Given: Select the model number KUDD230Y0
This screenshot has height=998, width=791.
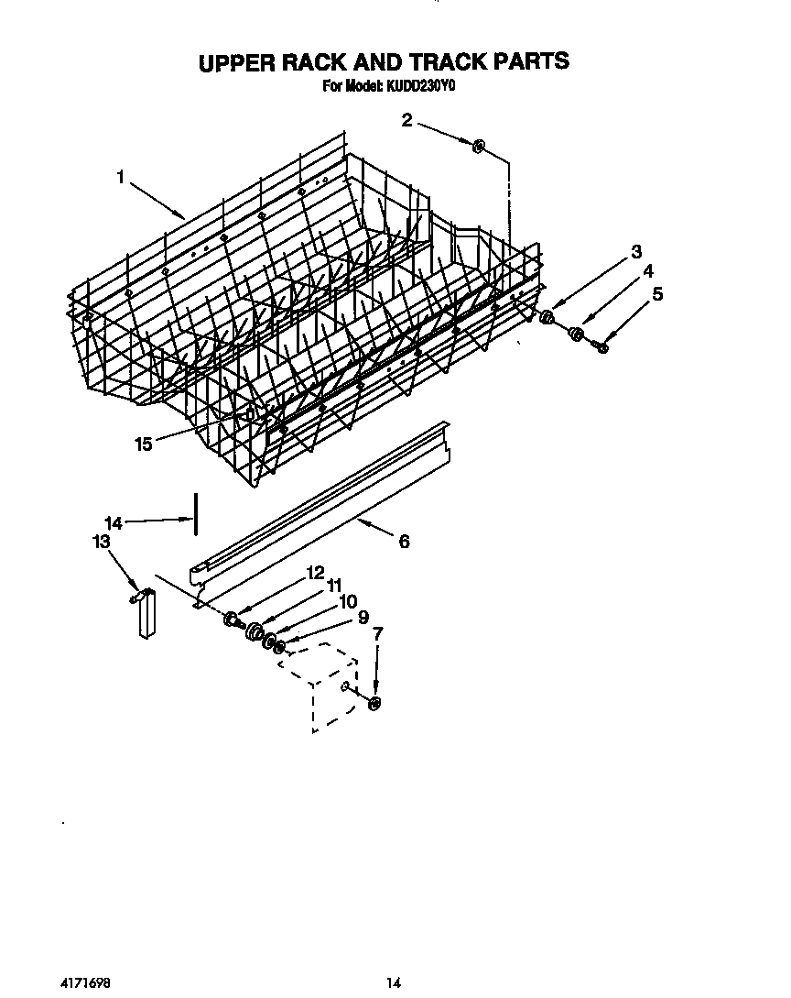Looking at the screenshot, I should click(429, 87).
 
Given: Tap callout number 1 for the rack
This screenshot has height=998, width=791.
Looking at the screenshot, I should click(120, 178).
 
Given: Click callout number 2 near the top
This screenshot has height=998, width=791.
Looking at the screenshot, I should click(406, 118).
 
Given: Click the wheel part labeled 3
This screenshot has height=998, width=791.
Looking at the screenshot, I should click(547, 318).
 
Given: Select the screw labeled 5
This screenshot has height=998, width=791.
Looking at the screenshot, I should click(601, 346).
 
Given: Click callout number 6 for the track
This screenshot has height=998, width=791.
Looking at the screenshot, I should click(403, 541).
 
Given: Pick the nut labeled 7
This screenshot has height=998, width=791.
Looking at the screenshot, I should click(374, 703).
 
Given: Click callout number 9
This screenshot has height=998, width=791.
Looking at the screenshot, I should click(363, 619).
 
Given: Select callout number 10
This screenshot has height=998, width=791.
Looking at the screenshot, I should click(347, 602).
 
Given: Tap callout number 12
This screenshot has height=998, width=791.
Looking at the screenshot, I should click(315, 572).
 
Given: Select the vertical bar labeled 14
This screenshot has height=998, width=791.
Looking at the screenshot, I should click(194, 518).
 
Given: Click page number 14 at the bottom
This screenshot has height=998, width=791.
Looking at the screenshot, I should click(393, 983).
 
